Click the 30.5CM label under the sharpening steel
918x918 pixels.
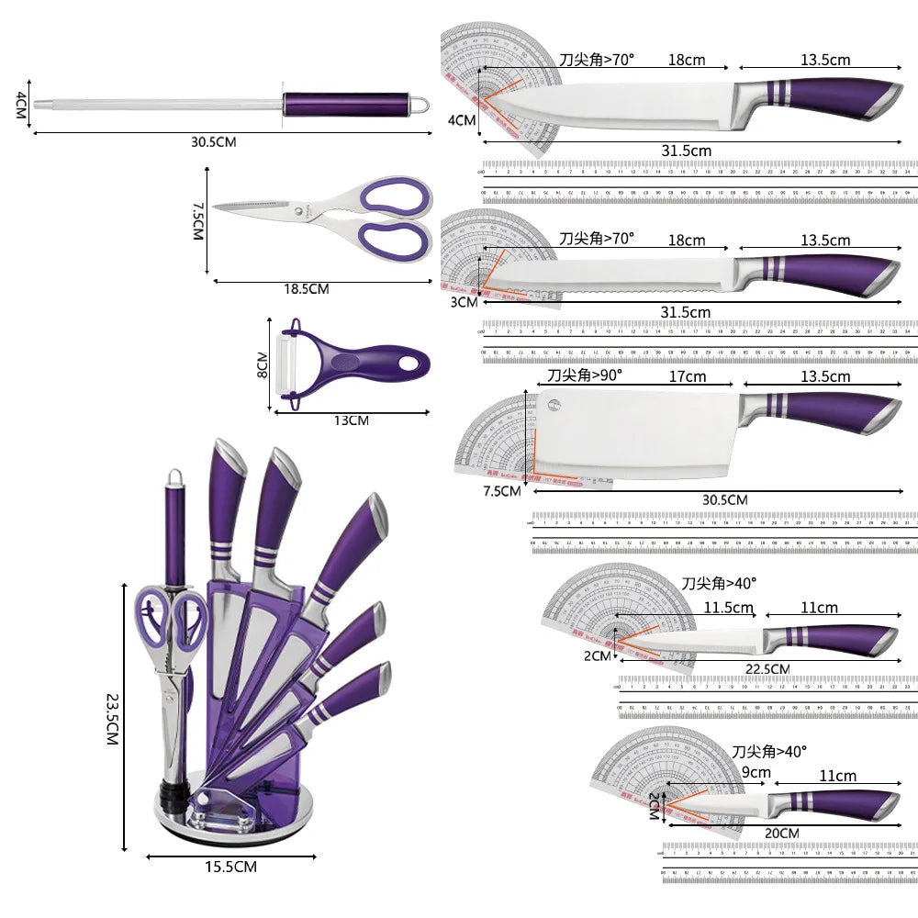pyautogui.click(x=214, y=142)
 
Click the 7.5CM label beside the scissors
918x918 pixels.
pyautogui.click(x=196, y=221)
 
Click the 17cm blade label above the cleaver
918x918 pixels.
pyautogui.click(x=688, y=376)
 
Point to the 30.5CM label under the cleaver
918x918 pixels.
pyautogui.click(x=724, y=499)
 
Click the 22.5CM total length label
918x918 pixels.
pyautogui.click(x=767, y=668)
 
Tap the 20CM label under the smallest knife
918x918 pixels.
pyautogui.click(x=780, y=833)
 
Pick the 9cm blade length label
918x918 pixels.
pyautogui.click(x=756, y=773)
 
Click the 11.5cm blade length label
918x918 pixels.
pyautogui.click(x=729, y=607)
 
